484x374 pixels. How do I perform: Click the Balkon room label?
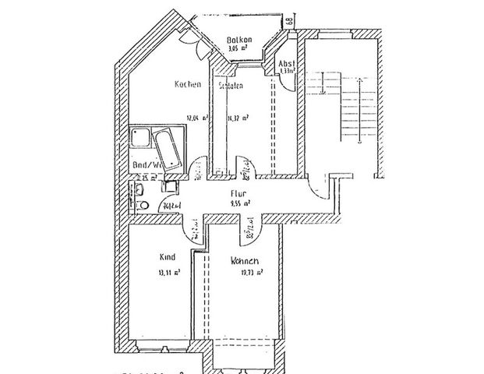pyautogui.click(x=238, y=40)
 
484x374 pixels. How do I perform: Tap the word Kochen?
pyautogui.click(x=189, y=84)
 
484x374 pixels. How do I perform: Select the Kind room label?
pyautogui.click(x=166, y=257)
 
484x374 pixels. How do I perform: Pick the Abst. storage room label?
pyautogui.click(x=286, y=62)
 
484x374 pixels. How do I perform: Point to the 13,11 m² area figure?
pyautogui.click(x=171, y=273)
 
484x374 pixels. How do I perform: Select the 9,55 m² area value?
pyautogui.click(x=239, y=204)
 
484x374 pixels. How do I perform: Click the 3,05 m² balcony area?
pyautogui.click(x=238, y=48)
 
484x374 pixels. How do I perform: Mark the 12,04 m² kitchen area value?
pyautogui.click(x=195, y=119)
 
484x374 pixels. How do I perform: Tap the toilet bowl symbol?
pyautogui.click(x=143, y=204)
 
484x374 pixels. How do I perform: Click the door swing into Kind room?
pyautogui.click(x=190, y=229)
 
